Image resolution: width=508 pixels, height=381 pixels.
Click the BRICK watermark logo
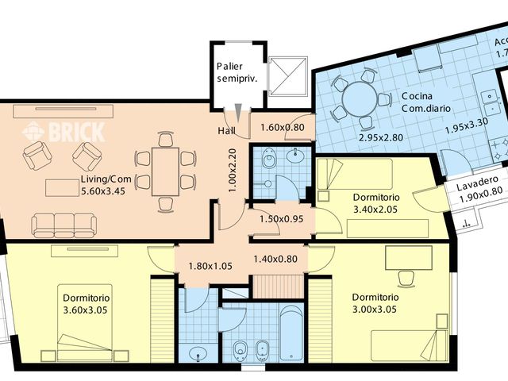[63, 131]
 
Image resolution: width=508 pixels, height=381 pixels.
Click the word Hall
[227, 130]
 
